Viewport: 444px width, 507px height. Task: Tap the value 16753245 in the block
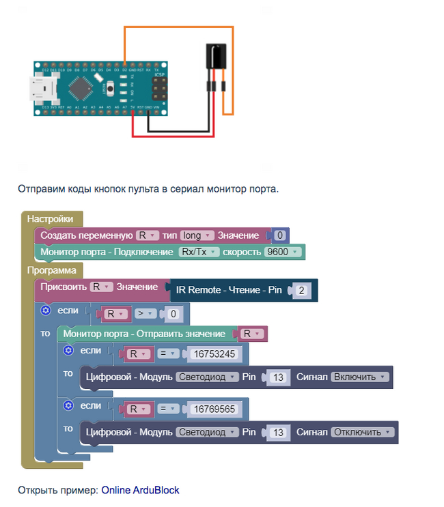(214, 354)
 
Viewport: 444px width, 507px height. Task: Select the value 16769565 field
(214, 409)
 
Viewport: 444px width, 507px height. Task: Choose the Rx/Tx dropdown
(199, 252)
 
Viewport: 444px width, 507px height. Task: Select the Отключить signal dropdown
(363, 432)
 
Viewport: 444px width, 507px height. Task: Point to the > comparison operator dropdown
(145, 315)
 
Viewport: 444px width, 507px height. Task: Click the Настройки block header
(50, 218)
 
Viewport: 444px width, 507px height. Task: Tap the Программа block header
(53, 270)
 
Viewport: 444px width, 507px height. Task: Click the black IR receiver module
(216, 56)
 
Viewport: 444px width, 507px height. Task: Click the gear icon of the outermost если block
(46, 310)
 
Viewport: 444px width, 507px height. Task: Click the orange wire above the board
(178, 27)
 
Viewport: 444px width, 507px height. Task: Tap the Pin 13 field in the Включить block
(277, 377)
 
